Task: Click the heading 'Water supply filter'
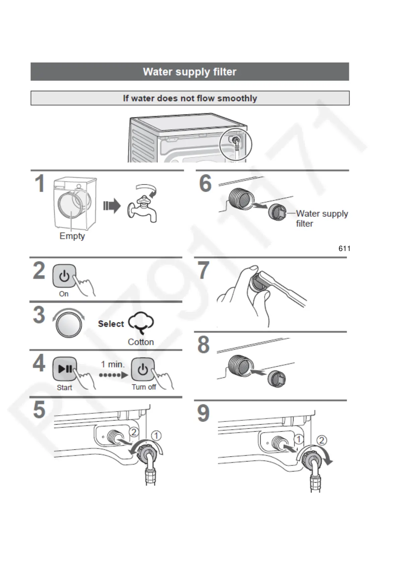coord(190,72)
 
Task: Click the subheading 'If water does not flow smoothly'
coord(190,98)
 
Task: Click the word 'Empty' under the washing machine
coord(72,236)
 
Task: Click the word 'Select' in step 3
coord(111,324)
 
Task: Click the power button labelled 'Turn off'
coord(143,369)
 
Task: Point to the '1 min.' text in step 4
coord(113,364)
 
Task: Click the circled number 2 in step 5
coord(134,432)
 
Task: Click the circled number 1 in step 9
coord(298,439)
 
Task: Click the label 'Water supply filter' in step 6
coord(321,218)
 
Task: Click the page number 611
coord(344,248)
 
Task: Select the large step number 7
coord(203,270)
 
